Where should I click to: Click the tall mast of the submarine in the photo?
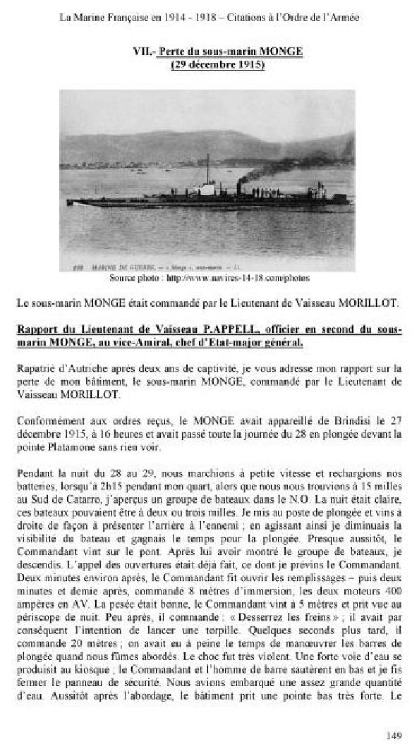click(x=208, y=170)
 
